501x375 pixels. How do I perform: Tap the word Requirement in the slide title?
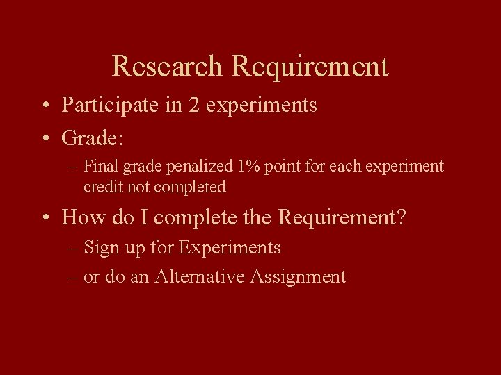pyautogui.click(x=310, y=67)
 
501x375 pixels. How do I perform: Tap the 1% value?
pyautogui.click(x=248, y=167)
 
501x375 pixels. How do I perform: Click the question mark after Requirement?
pyautogui.click(x=400, y=217)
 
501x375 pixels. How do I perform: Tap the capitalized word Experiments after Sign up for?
pyautogui.click(x=230, y=248)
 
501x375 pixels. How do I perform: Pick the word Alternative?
pyautogui.click(x=200, y=276)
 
